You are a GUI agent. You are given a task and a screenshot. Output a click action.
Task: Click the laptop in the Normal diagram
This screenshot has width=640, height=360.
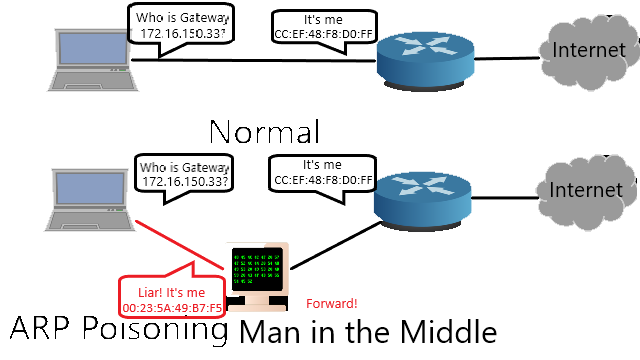click(x=93, y=60)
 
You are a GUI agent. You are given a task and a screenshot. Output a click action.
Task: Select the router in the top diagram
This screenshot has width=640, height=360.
click(x=425, y=62)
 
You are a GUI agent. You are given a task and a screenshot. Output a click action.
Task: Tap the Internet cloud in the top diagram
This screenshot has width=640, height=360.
click(x=589, y=52)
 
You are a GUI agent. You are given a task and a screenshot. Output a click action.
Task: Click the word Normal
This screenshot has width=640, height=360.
click(x=264, y=132)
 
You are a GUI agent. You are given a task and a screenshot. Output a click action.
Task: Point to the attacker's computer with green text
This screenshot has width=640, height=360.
click(x=258, y=276)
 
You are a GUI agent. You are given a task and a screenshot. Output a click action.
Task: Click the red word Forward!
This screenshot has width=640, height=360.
click(x=331, y=304)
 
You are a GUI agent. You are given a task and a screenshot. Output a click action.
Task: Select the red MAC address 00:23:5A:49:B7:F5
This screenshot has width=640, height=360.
click(x=172, y=308)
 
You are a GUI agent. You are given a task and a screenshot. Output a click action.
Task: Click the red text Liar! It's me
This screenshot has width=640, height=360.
click(x=171, y=293)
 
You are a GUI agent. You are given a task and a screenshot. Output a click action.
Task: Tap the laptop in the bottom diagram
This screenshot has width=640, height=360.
click(x=90, y=200)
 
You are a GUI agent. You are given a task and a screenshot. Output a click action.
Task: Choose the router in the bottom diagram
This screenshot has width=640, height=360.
click(x=422, y=201)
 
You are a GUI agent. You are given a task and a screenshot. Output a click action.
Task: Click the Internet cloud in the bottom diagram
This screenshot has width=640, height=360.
click(x=587, y=192)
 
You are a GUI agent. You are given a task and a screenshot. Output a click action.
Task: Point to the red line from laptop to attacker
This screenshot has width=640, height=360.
click(x=180, y=245)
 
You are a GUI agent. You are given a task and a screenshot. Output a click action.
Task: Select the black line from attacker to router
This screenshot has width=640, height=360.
click(x=336, y=246)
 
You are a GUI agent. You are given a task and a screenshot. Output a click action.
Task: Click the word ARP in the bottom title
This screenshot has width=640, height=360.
click(x=39, y=329)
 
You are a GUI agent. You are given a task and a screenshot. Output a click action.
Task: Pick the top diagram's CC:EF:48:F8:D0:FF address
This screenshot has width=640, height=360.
click(x=323, y=34)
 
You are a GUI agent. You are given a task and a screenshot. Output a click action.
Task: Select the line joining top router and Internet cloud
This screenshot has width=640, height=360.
click(x=507, y=59)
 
